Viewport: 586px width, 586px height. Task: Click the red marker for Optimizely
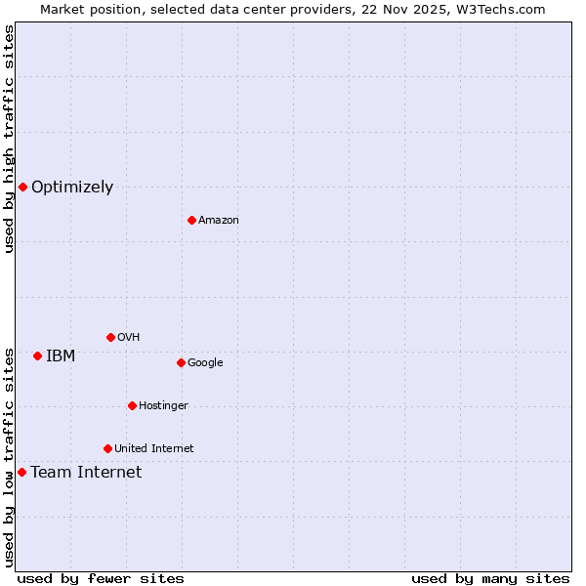[x=22, y=187]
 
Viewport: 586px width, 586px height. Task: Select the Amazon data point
[x=191, y=220]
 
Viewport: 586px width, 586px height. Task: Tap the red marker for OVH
[x=110, y=337]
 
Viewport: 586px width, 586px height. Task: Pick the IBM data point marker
[x=37, y=356]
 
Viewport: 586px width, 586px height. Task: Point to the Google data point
[x=181, y=362]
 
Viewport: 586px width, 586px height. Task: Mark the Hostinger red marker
[x=132, y=405]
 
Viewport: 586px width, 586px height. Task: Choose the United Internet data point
[x=107, y=448]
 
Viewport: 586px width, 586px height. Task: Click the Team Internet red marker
[x=21, y=472]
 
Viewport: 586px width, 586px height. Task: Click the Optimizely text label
[x=72, y=188]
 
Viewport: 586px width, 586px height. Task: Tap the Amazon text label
[x=219, y=221]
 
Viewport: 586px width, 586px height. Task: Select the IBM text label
[x=61, y=356]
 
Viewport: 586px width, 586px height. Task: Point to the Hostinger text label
[x=163, y=406]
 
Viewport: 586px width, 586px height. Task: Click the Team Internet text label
[x=86, y=473]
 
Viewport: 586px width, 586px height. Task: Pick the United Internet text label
[x=154, y=449]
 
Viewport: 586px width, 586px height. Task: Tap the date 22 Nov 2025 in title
[x=409, y=9]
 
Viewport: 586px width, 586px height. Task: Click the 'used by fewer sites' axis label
[x=101, y=578]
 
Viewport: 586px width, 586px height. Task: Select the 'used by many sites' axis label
[x=490, y=578]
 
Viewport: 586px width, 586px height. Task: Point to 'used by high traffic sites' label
[x=9, y=139]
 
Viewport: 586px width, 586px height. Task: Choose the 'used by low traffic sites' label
[x=9, y=457]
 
